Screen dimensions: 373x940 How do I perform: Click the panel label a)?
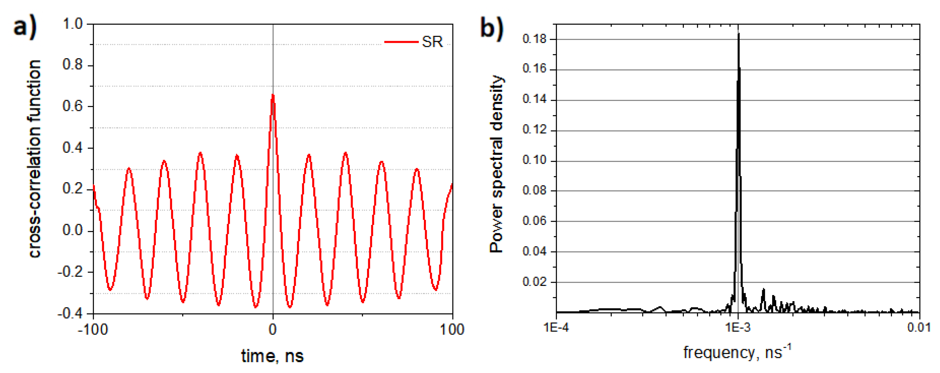tap(25, 26)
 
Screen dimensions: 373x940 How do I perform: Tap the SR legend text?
tap(432, 42)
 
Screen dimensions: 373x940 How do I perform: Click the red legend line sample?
tap(401, 42)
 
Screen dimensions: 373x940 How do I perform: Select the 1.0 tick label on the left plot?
tap(73, 24)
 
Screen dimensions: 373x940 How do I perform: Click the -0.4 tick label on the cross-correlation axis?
tap(70, 313)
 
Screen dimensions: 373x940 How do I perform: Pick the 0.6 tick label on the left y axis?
tap(73, 106)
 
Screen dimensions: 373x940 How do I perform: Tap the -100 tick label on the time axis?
tap(93, 330)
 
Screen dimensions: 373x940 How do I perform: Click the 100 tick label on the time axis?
tap(452, 330)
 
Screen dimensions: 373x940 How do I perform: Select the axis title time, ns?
tap(272, 356)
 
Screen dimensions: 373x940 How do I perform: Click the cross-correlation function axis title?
tap(34, 159)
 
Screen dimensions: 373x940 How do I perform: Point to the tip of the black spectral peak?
tap(738, 34)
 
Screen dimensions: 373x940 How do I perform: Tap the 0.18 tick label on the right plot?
tap(534, 39)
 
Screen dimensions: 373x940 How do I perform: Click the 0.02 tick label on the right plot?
tap(534, 282)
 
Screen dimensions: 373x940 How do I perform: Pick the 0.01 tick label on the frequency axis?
tap(919, 327)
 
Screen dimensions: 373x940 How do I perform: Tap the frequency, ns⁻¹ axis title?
tap(737, 352)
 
